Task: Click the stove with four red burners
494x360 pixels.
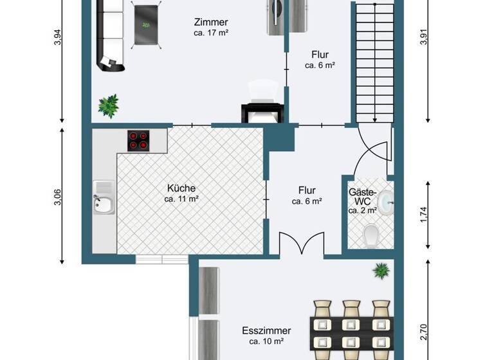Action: point(138,139)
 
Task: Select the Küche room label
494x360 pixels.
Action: point(181,188)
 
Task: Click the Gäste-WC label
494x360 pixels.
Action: point(361,197)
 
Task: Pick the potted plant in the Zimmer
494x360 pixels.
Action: point(108,105)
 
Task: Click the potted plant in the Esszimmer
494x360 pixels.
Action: point(381,271)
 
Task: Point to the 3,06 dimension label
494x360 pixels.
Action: point(59,198)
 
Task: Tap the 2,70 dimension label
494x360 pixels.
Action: point(423,331)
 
